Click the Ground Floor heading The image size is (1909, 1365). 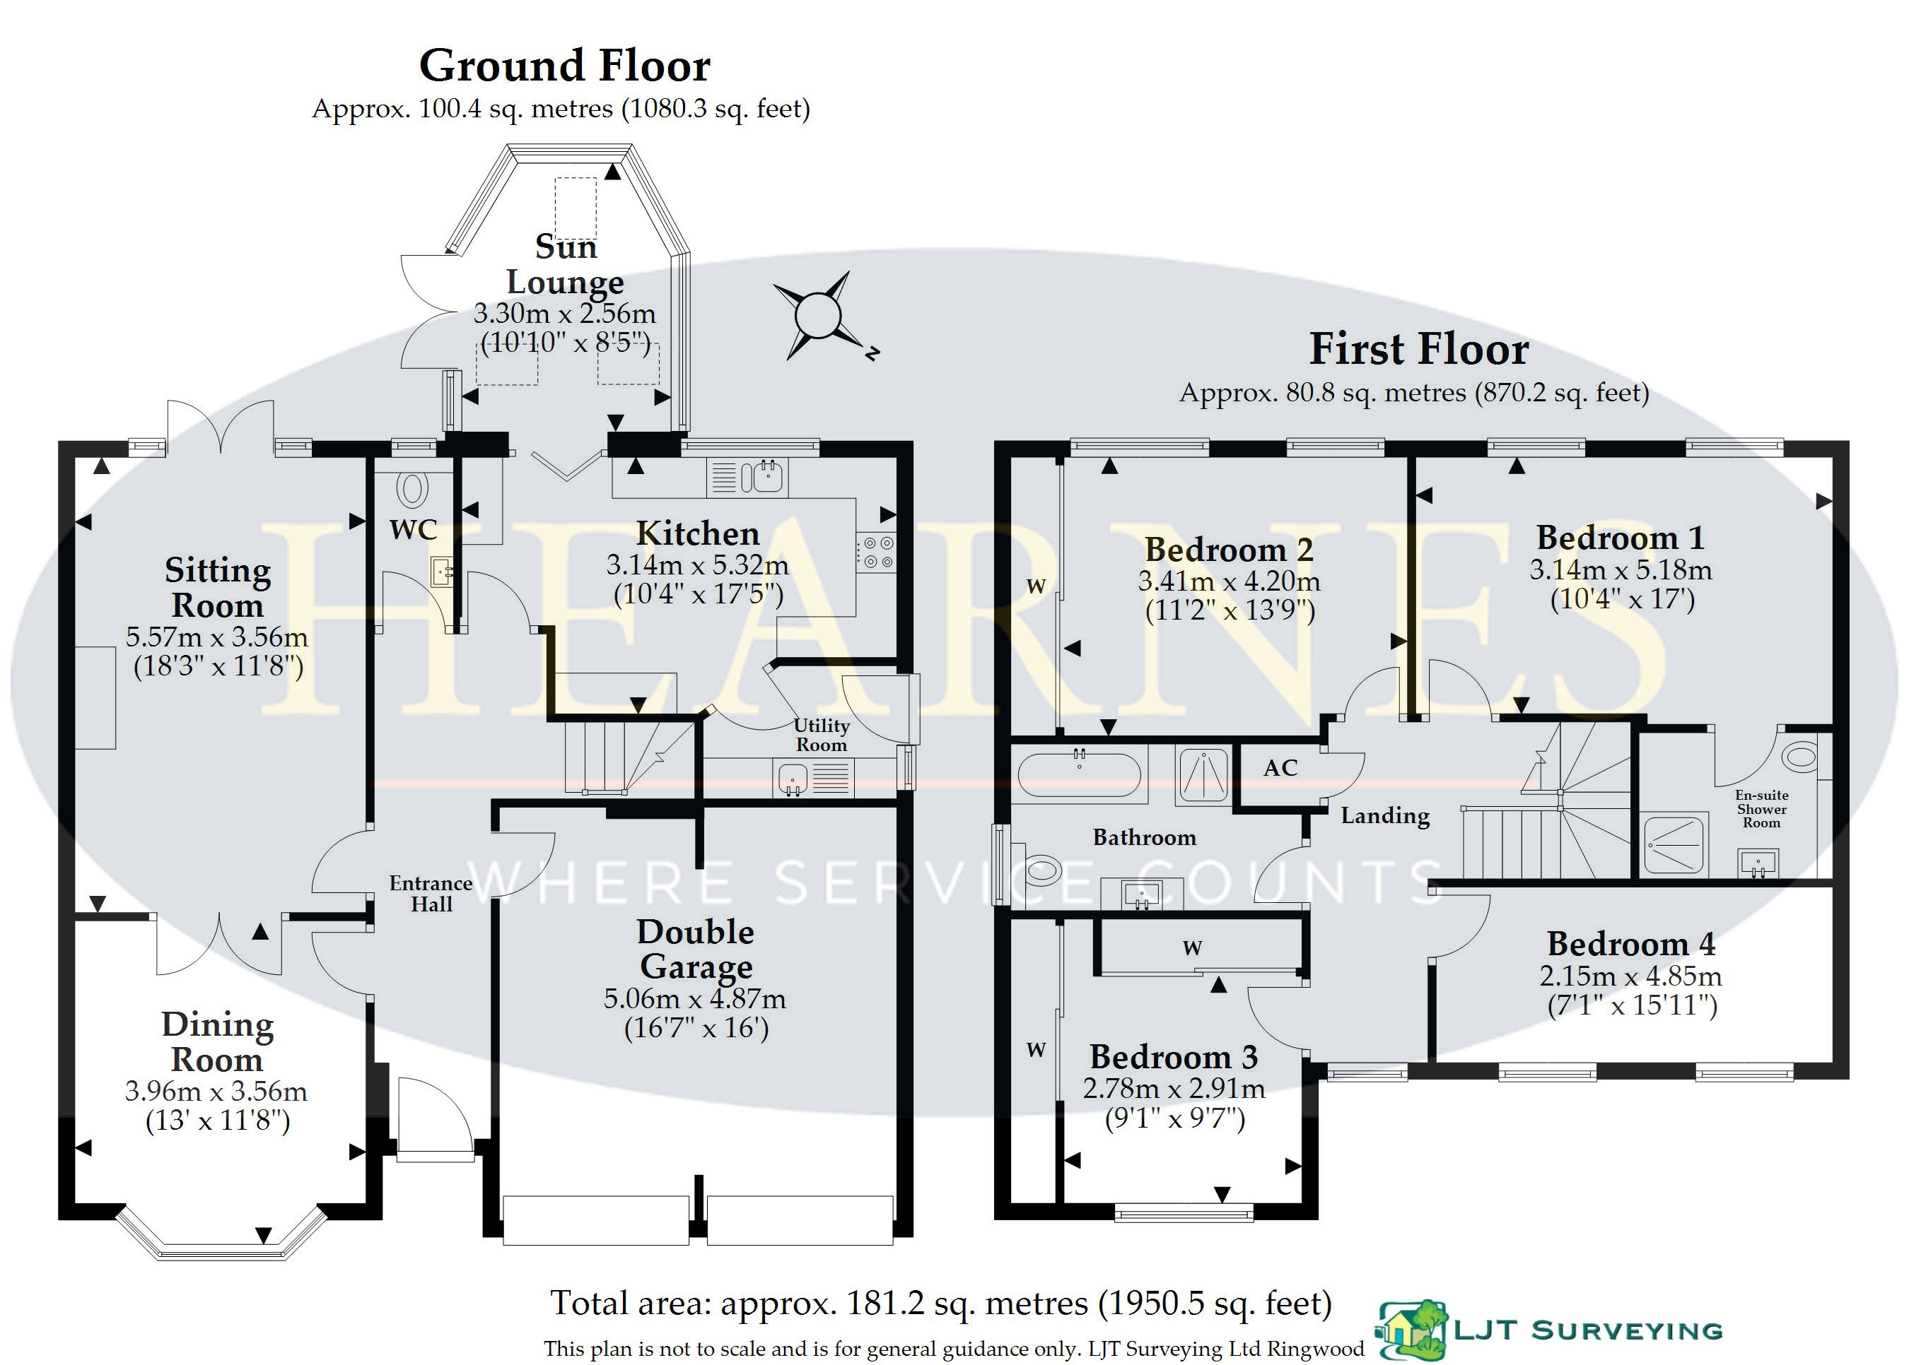[x=564, y=66]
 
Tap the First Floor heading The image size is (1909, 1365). [x=1419, y=349]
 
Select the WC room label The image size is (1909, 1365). [x=413, y=529]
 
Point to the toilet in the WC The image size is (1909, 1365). [x=413, y=489]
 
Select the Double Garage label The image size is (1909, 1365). [x=696, y=949]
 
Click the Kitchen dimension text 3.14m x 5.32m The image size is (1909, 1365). [x=697, y=565]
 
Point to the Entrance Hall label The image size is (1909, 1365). [x=431, y=894]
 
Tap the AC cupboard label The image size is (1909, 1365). [x=1280, y=767]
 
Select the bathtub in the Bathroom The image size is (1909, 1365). [x=1079, y=773]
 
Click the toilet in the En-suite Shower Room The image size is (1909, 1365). [x=1799, y=757]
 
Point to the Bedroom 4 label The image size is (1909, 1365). [x=1630, y=944]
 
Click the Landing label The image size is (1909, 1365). [x=1385, y=815]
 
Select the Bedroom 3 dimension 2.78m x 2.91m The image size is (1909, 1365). [x=1174, y=1089]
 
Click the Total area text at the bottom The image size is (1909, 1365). [x=941, y=1303]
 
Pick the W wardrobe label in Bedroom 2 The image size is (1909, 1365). [x=1036, y=586]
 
